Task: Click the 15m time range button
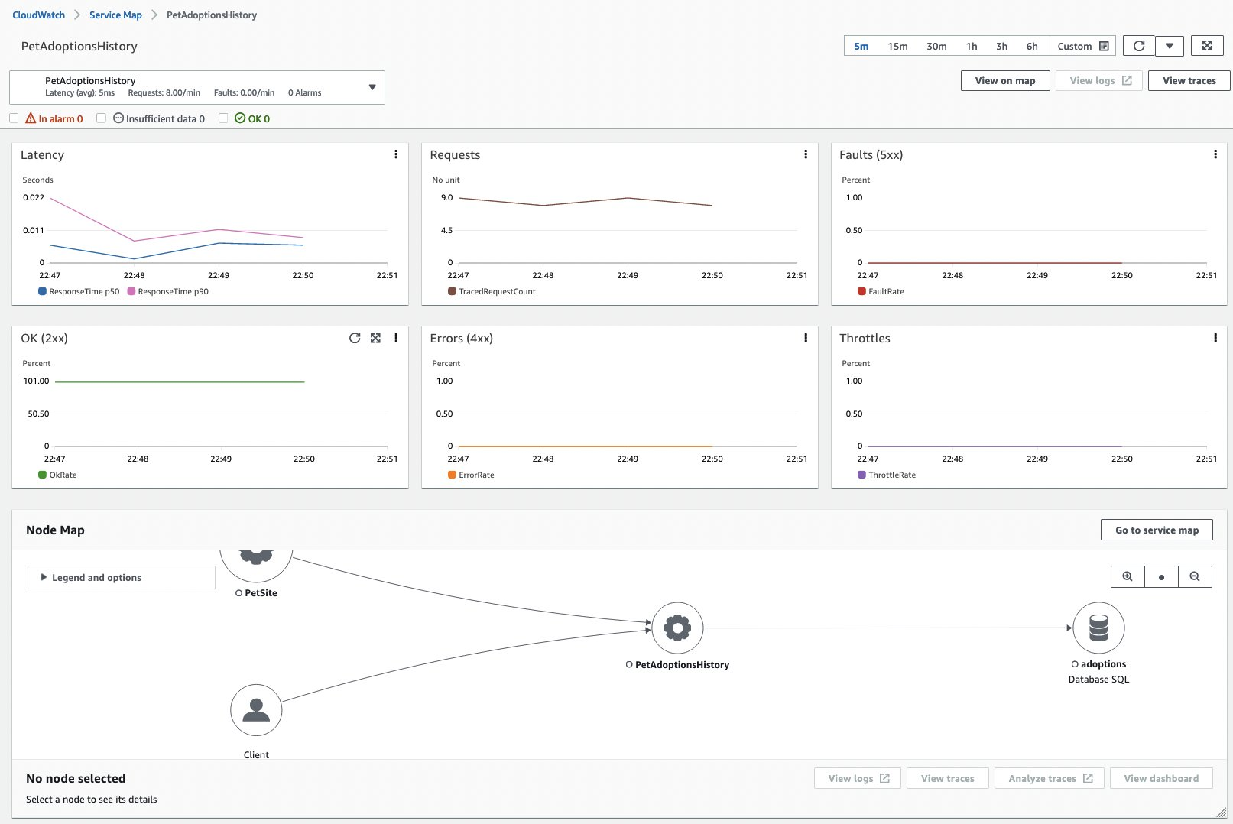pos(897,47)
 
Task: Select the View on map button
pos(1004,81)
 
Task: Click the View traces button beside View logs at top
pos(1189,81)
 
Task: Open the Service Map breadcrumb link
pos(115,15)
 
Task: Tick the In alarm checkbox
pos(14,118)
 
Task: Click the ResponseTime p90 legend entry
pos(168,291)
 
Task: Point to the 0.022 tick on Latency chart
pos(34,198)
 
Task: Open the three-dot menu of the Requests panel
pos(806,154)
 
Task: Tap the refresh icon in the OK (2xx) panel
pos(355,338)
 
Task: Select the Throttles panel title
pos(865,339)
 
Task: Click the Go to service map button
pos(1156,530)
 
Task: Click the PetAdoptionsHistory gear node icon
pos(677,628)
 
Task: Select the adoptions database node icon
pos(1098,628)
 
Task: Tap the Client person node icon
pos(256,710)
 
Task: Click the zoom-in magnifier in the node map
pos(1128,577)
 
